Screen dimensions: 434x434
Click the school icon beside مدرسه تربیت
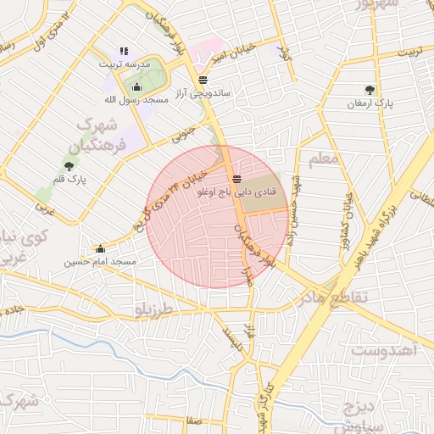click(x=125, y=51)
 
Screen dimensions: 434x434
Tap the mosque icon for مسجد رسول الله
click(x=136, y=86)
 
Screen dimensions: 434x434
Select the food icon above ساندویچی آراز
click(x=202, y=80)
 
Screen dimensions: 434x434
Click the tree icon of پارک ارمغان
click(x=370, y=90)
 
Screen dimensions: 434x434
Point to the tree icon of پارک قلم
click(x=69, y=165)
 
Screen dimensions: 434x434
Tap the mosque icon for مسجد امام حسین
click(x=101, y=248)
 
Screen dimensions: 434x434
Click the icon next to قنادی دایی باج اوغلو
click(x=236, y=179)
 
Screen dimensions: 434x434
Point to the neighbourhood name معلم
click(x=325, y=159)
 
